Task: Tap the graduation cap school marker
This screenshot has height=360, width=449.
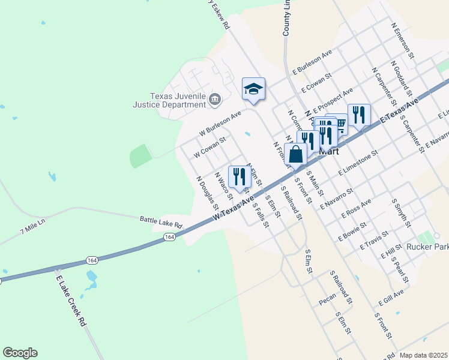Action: coord(253,89)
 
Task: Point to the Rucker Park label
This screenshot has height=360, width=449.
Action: coord(427,246)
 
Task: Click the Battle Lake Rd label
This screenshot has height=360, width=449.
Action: coord(161,221)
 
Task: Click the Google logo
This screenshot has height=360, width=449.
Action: coord(20,353)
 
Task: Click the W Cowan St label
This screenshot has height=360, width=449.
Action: coord(209,147)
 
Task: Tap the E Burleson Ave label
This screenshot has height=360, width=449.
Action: coord(312,62)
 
